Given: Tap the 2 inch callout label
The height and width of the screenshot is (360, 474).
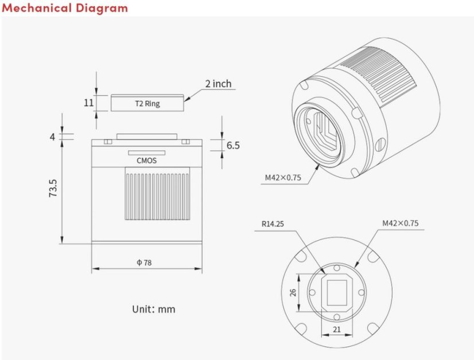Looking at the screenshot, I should (218, 84).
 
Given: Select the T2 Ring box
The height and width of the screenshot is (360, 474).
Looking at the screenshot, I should (147, 104).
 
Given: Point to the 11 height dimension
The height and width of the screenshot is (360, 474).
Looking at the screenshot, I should (88, 103).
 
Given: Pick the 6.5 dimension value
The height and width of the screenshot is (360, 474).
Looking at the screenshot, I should (232, 145).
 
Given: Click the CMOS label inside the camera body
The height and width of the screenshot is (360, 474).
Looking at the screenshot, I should (147, 161).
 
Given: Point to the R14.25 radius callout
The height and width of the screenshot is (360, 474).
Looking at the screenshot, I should (273, 224).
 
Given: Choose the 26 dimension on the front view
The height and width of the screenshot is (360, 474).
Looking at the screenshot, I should (292, 292).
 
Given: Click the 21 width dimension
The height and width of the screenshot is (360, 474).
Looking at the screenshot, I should (336, 330).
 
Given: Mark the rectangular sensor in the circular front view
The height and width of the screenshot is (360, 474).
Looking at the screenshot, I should (337, 291).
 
